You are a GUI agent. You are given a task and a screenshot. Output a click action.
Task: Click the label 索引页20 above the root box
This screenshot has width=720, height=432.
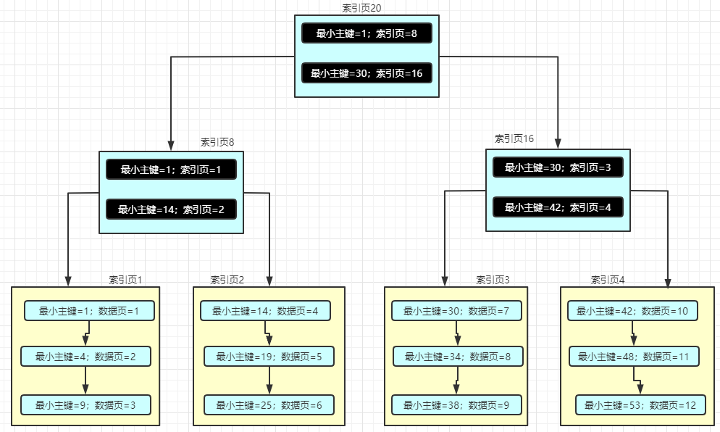(x=361, y=7)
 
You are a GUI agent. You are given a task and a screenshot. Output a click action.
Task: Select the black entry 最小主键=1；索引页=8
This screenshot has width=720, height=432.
(x=367, y=33)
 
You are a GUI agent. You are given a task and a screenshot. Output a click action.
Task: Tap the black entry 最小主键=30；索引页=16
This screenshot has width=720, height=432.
(x=367, y=73)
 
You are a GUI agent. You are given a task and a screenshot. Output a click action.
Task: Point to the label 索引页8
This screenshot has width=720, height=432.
(x=217, y=143)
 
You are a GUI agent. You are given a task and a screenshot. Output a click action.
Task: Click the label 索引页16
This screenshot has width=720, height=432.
(x=514, y=138)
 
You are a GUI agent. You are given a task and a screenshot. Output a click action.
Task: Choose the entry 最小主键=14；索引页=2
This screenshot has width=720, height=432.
(x=172, y=209)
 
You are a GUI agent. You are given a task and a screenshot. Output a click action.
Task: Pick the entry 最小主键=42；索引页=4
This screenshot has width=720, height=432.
(x=558, y=207)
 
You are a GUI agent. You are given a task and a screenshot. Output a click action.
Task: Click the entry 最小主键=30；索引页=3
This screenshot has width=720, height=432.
(x=558, y=167)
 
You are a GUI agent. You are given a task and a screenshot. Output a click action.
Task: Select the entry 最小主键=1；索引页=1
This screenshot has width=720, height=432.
(x=172, y=170)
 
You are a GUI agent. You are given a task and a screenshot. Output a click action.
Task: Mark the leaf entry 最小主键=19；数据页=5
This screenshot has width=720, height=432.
(x=269, y=357)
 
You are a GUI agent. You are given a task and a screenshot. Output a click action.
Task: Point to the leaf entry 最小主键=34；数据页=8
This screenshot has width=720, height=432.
(x=457, y=357)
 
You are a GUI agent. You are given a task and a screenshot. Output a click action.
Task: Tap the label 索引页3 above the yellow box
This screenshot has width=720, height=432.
(x=493, y=280)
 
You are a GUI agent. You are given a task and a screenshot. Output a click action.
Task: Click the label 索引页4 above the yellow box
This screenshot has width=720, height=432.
(x=608, y=280)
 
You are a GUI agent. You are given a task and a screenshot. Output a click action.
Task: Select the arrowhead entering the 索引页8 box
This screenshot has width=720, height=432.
(x=171, y=145)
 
